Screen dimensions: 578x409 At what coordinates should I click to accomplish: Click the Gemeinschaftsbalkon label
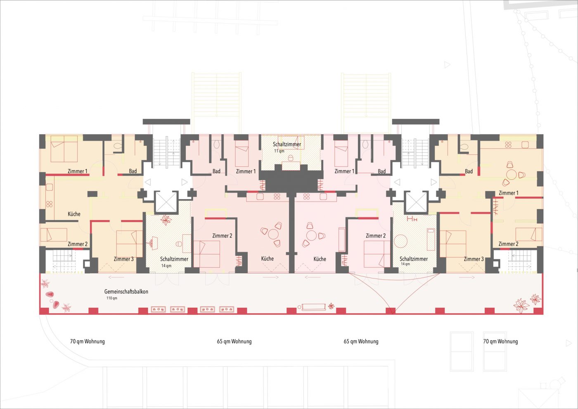(x=126, y=292)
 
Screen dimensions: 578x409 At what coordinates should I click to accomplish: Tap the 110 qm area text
(x=112, y=298)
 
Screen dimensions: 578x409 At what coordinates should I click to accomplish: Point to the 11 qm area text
(x=279, y=151)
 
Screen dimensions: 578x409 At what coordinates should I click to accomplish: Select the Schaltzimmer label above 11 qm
(x=287, y=144)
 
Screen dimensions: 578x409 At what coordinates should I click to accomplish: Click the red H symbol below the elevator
(x=412, y=219)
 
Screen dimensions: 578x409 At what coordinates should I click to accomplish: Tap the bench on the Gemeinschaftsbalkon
(x=313, y=307)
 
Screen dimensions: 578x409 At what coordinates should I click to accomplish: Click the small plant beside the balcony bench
(x=331, y=307)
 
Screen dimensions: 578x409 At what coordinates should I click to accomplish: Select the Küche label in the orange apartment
(x=74, y=214)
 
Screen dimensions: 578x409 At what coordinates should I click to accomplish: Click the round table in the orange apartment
(x=511, y=175)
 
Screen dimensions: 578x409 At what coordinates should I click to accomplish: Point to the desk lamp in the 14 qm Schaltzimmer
(x=154, y=243)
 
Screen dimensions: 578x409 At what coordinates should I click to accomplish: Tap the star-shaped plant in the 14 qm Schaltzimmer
(x=166, y=220)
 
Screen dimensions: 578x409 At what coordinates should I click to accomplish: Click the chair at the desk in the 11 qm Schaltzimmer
(x=291, y=157)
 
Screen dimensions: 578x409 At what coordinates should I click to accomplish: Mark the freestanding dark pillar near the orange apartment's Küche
(x=92, y=194)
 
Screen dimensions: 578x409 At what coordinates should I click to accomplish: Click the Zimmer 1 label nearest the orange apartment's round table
(x=508, y=193)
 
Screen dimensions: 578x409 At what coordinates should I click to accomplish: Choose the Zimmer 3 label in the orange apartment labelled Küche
(x=123, y=259)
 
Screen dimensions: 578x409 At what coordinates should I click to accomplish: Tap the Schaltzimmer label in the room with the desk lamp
(x=174, y=259)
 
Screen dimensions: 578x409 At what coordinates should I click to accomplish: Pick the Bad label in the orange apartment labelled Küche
(x=133, y=171)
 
